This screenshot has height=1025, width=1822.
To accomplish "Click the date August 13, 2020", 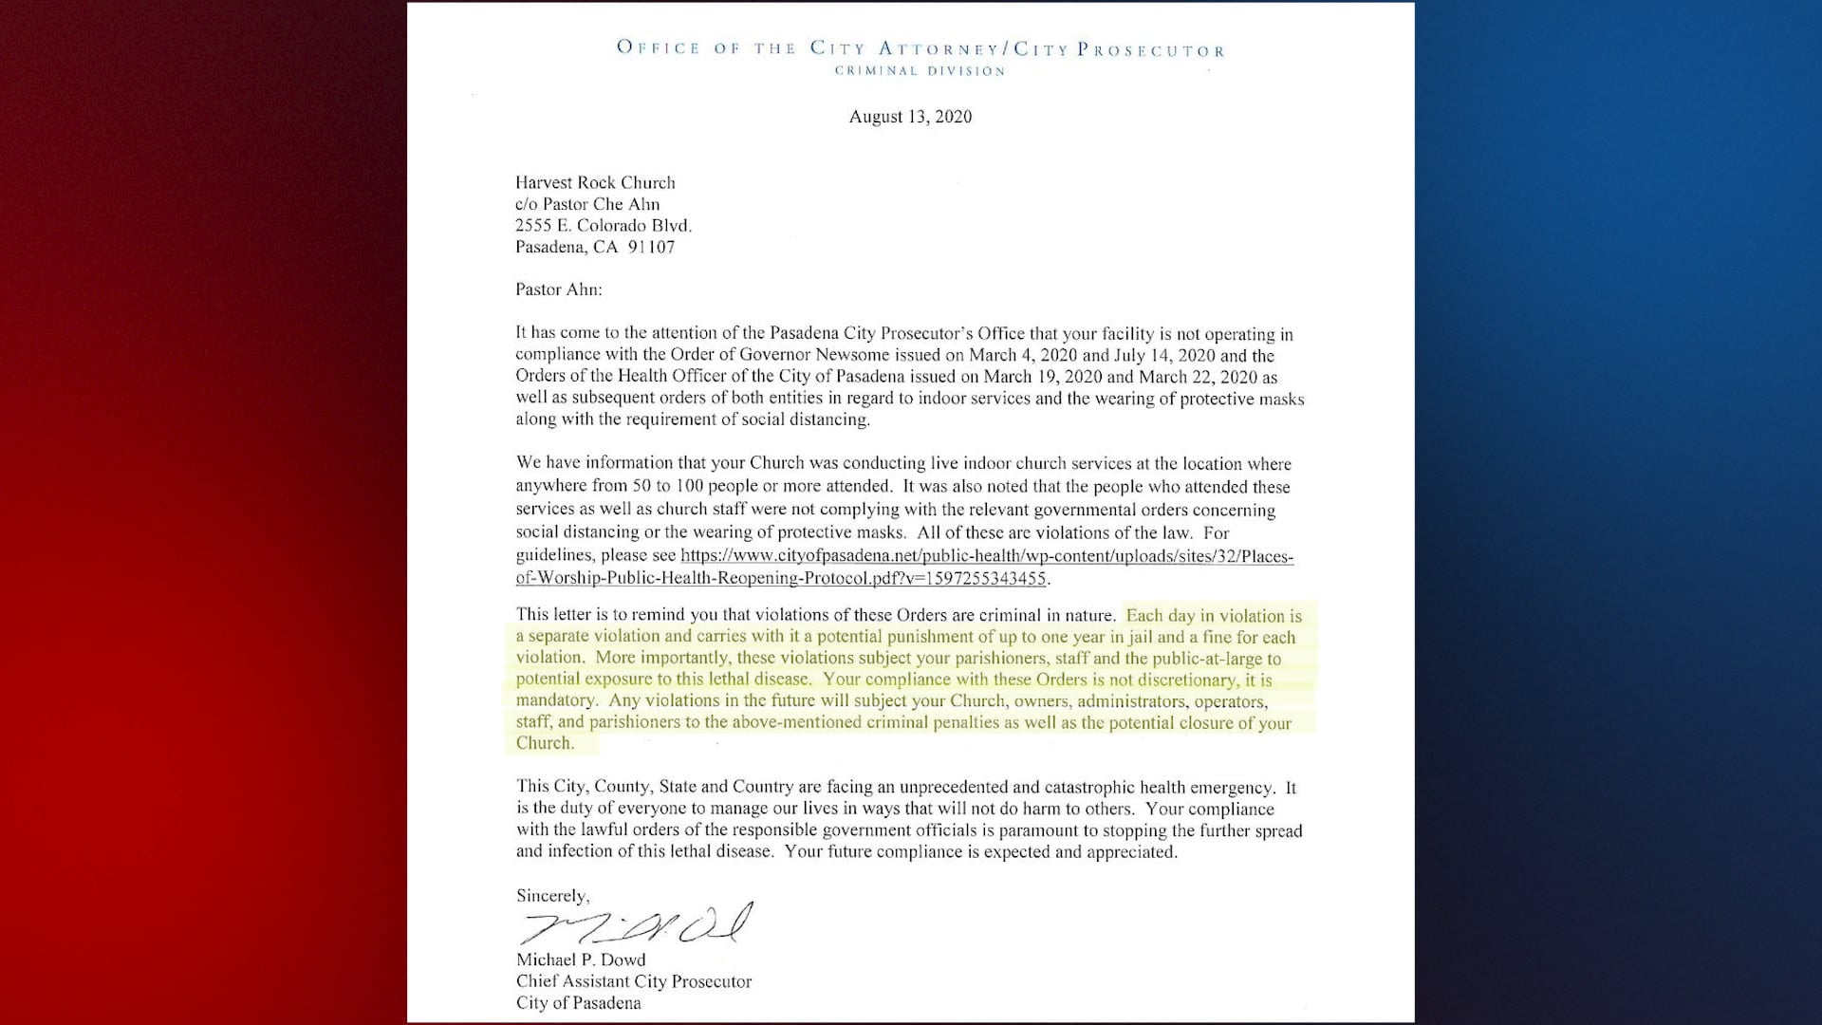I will click(x=910, y=117).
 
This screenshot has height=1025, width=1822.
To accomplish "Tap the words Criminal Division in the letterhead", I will click(x=920, y=71).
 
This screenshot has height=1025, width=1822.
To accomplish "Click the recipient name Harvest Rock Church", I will click(x=595, y=182).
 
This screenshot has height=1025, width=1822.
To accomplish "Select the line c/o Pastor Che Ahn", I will click(x=586, y=204).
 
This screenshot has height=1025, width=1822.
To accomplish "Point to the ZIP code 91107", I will click(x=651, y=247).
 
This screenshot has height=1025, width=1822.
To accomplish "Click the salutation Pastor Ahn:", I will click(x=558, y=289).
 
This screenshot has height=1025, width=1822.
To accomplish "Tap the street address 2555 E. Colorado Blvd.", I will click(x=603, y=226).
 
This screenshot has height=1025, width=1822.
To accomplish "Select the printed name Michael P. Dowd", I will click(x=580, y=960).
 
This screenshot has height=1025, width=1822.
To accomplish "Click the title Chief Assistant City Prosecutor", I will click(x=633, y=981).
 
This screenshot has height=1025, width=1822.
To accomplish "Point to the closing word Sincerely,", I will click(x=552, y=895).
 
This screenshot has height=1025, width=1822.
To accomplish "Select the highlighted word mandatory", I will click(x=556, y=700).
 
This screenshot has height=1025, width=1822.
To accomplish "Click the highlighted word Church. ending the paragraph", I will click(x=545, y=743).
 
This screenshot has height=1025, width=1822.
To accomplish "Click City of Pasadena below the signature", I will click(x=578, y=1003).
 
